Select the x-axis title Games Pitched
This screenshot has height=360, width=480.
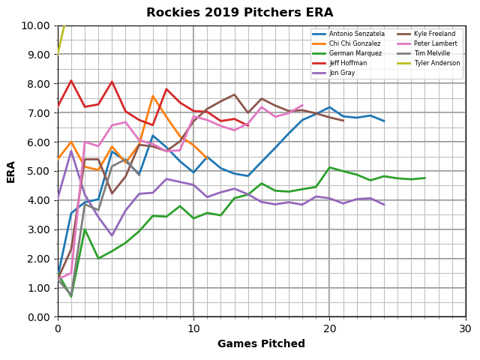pos(261,344)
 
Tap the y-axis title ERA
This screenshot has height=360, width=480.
pos(12,171)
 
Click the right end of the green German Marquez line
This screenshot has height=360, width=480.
pos(424,178)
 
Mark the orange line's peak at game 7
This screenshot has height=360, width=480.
pos(153,96)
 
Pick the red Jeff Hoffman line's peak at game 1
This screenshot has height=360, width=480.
pos(71,81)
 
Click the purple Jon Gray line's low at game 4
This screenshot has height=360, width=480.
pos(112,235)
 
